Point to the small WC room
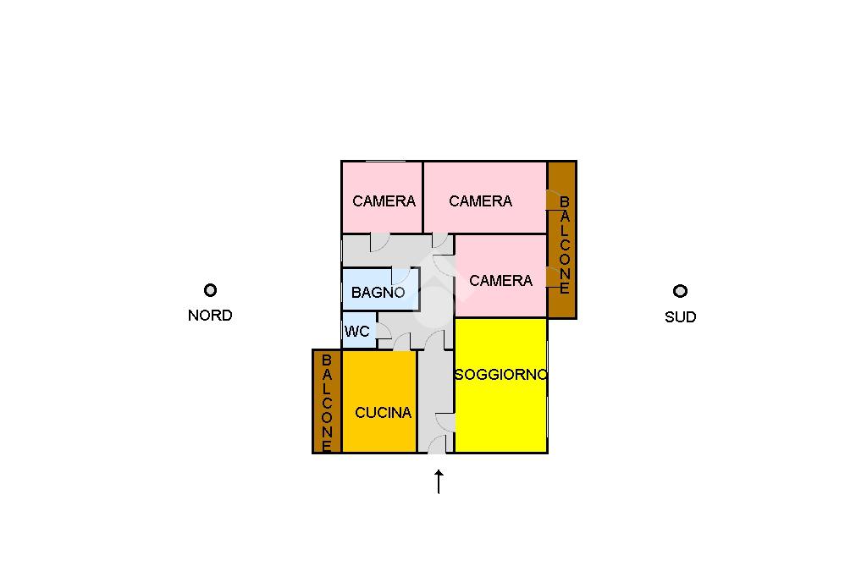357,332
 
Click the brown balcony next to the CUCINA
327,402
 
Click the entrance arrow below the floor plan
439,482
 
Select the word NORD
210,316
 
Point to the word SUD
680,317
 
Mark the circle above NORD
210,290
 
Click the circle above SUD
680,291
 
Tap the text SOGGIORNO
500,375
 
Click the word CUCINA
383,413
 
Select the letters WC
357,332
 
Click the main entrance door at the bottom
437,446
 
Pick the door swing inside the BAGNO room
400,276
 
